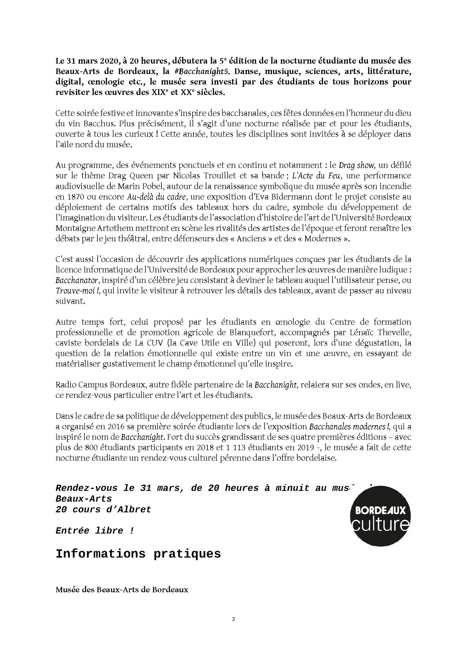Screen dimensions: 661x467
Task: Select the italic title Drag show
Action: (357, 165)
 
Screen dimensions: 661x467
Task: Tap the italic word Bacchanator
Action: (74, 280)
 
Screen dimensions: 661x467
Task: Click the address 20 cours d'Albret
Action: (103, 510)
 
